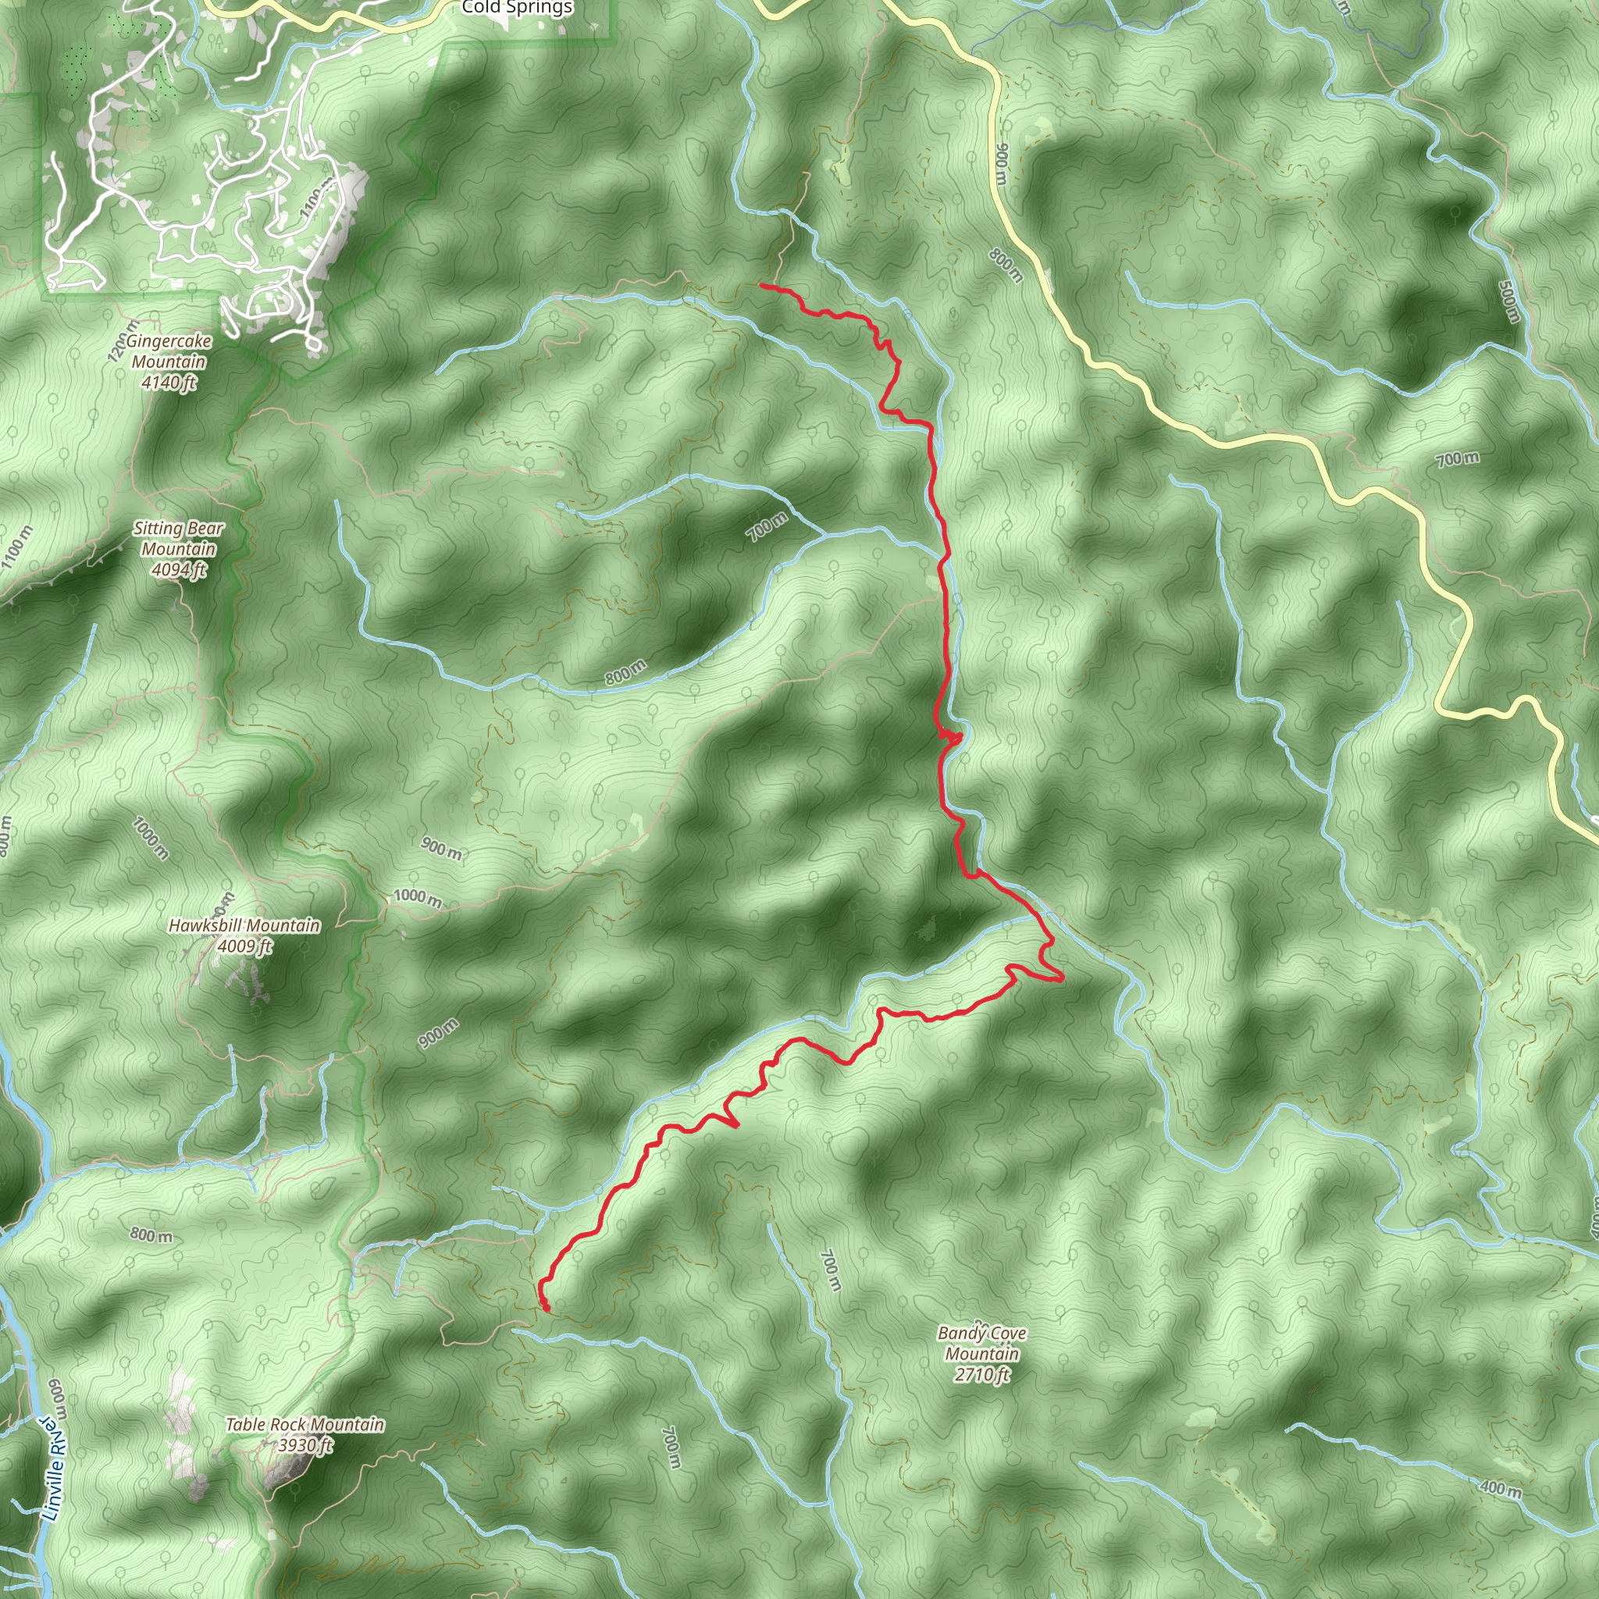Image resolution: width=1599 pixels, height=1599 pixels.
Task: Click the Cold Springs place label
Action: click(518, 9)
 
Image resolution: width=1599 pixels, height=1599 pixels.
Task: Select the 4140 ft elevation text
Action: click(169, 383)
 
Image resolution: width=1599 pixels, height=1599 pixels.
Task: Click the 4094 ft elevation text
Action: click(178, 569)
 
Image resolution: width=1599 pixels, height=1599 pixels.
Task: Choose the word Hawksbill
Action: click(205, 925)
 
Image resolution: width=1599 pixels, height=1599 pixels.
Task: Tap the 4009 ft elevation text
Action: click(244, 946)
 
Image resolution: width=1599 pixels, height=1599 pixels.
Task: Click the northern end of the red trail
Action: click(760, 286)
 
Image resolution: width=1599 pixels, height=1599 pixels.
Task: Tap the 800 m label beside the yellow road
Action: click(1006, 265)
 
